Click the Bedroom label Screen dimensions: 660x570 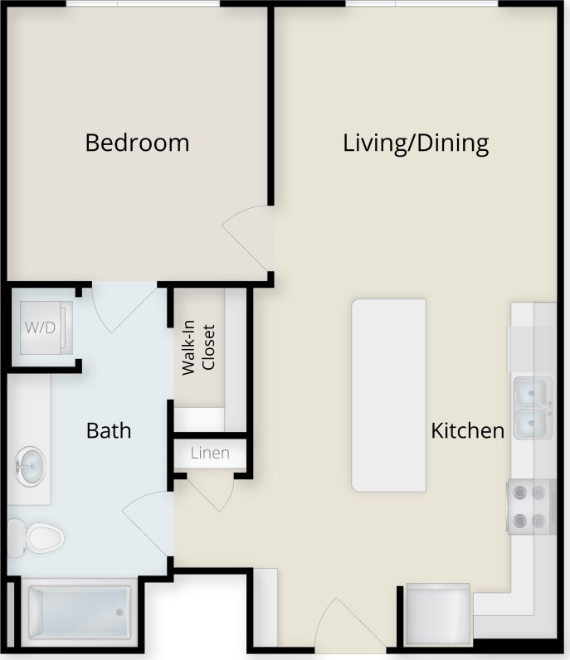(137, 143)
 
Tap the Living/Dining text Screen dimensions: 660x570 (416, 143)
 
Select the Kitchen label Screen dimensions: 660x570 (467, 430)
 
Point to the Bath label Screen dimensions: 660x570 (109, 430)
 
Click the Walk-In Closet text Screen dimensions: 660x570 (198, 349)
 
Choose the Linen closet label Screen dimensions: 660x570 (209, 454)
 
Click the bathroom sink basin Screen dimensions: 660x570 (31, 466)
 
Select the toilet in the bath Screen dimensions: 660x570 (37, 537)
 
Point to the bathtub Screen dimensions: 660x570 (79, 614)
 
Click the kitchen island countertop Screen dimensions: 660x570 (389, 395)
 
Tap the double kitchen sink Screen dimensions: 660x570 (533, 407)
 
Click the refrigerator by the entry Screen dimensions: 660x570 (437, 614)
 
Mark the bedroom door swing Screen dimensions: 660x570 (249, 234)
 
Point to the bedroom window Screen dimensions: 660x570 (143, 4)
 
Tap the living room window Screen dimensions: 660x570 (421, 4)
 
